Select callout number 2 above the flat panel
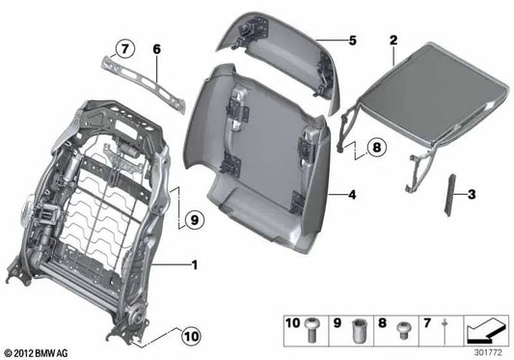pyautogui.click(x=393, y=40)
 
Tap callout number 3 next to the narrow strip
pyautogui.click(x=473, y=195)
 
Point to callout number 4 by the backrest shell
pyautogui.click(x=353, y=195)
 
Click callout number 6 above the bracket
pyautogui.click(x=156, y=48)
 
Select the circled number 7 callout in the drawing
pyautogui.click(x=123, y=48)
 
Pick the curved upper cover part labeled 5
pyautogui.click(x=280, y=53)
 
